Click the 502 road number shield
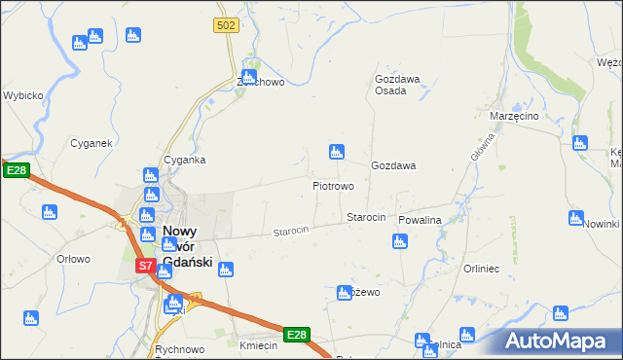tap(227, 25)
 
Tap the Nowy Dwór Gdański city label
tap(187, 246)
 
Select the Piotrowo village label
tap(332, 185)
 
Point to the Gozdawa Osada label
tap(397, 85)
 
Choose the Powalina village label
tap(420, 221)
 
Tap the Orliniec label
tap(481, 269)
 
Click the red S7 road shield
tap(144, 265)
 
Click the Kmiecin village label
tap(258, 345)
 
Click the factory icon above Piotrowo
tap(336, 152)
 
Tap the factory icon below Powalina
tap(399, 240)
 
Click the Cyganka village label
tap(184, 160)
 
